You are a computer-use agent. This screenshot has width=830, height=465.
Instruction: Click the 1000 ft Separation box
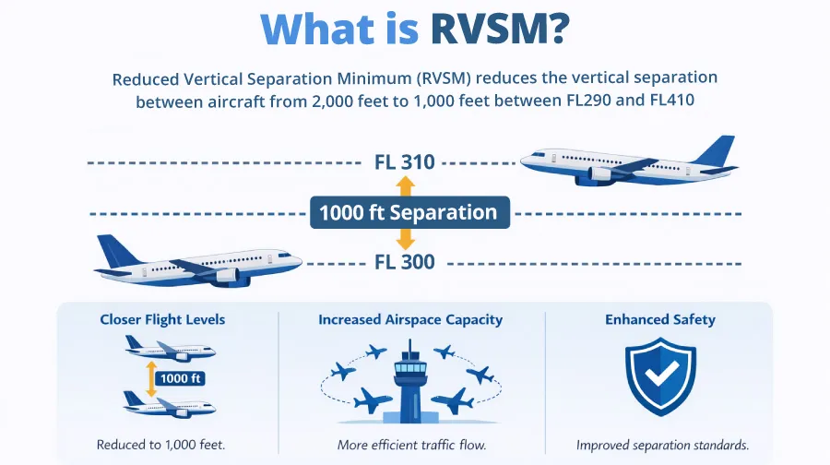coord(408,213)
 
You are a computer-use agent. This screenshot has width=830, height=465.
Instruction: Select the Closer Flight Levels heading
coord(162,320)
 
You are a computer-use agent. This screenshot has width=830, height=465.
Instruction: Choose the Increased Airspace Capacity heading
coord(410,320)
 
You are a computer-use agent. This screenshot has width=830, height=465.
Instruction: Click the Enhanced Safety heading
coord(660,320)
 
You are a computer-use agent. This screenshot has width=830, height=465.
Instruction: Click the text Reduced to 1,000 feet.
coord(163,445)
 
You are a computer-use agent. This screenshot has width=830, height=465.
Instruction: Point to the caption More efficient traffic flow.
coord(411,445)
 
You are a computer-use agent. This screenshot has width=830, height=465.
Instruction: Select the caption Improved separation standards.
coord(662,445)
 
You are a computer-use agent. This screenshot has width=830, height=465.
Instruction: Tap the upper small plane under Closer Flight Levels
coord(169,349)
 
